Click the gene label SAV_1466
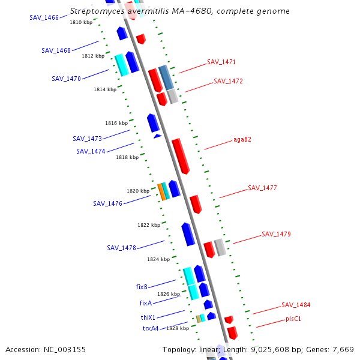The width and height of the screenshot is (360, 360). pyautogui.click(x=44, y=17)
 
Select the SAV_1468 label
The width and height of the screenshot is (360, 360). pyautogui.click(x=56, y=50)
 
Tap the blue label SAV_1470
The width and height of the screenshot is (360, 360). pyautogui.click(x=66, y=79)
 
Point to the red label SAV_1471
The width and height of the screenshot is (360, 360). pyautogui.click(x=221, y=62)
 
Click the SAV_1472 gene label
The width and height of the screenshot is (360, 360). pyautogui.click(x=228, y=81)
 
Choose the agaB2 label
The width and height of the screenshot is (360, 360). pyautogui.click(x=242, y=140)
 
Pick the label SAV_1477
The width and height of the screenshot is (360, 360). pyautogui.click(x=262, y=188)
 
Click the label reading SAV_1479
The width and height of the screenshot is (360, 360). pyautogui.click(x=276, y=234)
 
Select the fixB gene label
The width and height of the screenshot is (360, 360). pyautogui.click(x=142, y=287)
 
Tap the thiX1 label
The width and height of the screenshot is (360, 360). pyautogui.click(x=148, y=317)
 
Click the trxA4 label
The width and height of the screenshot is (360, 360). pyautogui.click(x=151, y=328)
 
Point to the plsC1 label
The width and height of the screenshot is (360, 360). pyautogui.click(x=293, y=319)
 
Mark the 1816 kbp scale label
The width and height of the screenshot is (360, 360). pyautogui.click(x=116, y=123)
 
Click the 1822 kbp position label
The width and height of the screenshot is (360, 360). pyautogui.click(x=149, y=225)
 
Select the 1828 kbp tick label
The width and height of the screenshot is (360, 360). pyautogui.click(x=178, y=328)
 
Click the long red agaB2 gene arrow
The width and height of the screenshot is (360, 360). pyautogui.click(x=181, y=156)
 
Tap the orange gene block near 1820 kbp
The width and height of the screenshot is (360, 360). pyautogui.click(x=161, y=192)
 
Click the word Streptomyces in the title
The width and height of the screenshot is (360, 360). pyautogui.click(x=97, y=11)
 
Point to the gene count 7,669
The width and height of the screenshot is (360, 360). pyautogui.click(x=343, y=349)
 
